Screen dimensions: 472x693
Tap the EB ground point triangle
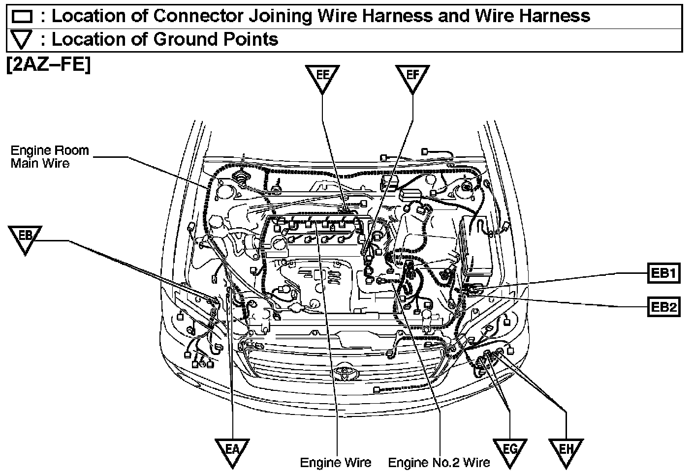coord(25,238)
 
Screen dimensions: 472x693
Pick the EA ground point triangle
coord(232,451)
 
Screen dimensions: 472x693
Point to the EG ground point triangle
coord(510,451)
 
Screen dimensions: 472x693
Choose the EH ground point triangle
coord(566,451)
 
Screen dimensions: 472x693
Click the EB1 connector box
coord(663,273)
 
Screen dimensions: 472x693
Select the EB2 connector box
coord(663,308)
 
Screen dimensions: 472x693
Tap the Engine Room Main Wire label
coord(49,156)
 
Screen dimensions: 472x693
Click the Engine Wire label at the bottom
coord(336,463)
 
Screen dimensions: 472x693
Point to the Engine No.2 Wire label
coord(439,463)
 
